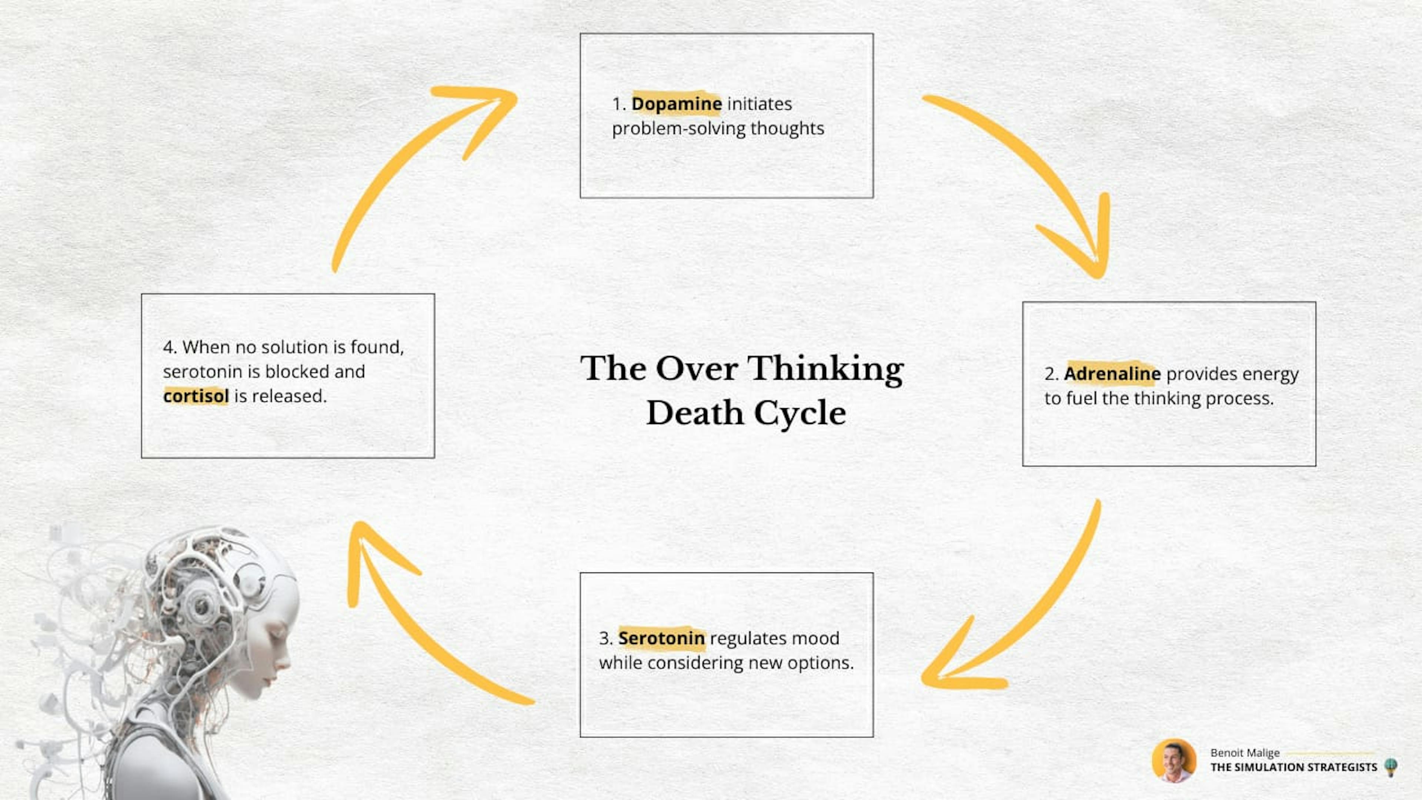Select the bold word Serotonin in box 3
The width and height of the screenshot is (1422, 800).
pyautogui.click(x=661, y=638)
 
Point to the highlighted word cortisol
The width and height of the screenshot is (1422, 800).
pyautogui.click(x=196, y=396)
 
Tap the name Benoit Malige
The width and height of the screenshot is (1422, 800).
pyautogui.click(x=1245, y=753)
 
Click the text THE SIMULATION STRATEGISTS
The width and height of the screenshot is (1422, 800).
pyautogui.click(x=1294, y=767)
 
